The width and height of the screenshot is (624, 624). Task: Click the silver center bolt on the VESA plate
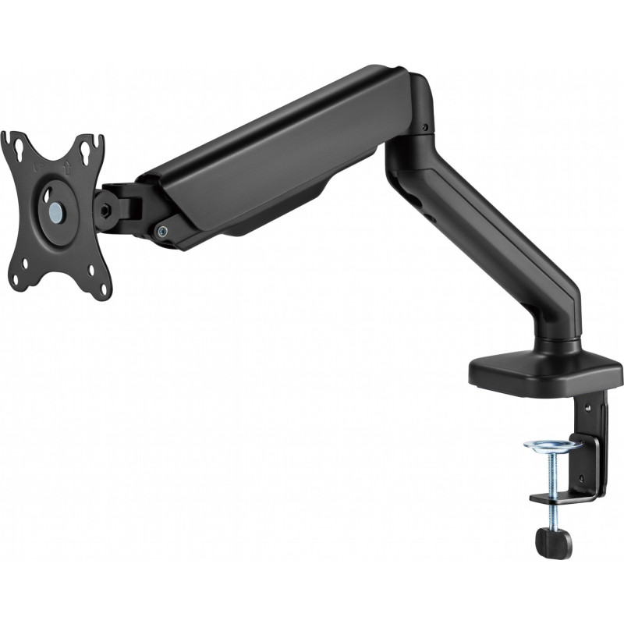(56, 211)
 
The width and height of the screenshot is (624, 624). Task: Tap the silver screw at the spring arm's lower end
(161, 230)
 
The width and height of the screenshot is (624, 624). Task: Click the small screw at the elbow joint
(424, 128)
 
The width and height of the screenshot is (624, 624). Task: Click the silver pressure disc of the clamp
(552, 445)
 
